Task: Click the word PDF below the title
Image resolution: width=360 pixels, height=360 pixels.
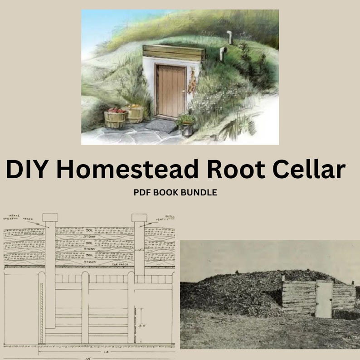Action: (141, 192)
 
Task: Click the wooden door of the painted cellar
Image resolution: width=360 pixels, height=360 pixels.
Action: (171, 91)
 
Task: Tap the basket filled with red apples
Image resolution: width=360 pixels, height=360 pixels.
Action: (115, 117)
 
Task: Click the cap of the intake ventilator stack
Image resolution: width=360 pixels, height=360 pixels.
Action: (50, 217)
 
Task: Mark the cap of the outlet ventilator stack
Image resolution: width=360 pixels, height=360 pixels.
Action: (139, 218)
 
